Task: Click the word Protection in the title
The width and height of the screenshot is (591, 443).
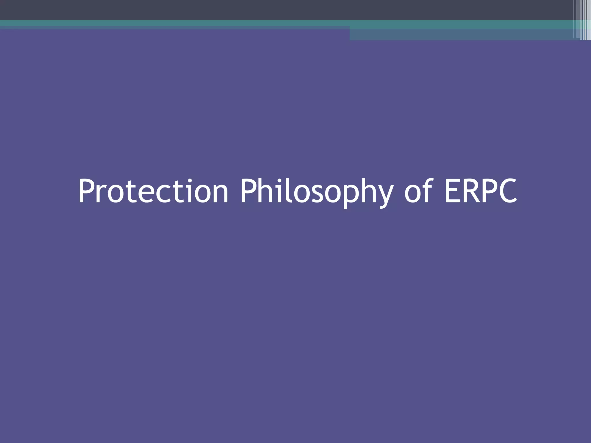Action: pyautogui.click(x=153, y=192)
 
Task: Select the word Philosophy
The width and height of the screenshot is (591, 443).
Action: pyautogui.click(x=317, y=192)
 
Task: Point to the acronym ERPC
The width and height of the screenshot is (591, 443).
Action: pyautogui.click(x=481, y=192)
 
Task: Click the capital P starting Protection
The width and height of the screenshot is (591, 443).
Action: pyautogui.click(x=87, y=191)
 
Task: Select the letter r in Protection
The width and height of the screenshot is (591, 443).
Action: pyautogui.click(x=102, y=194)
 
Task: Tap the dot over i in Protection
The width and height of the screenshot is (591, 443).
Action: pyautogui.click(x=189, y=181)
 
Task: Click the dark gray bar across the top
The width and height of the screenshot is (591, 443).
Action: pyautogui.click(x=260, y=10)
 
